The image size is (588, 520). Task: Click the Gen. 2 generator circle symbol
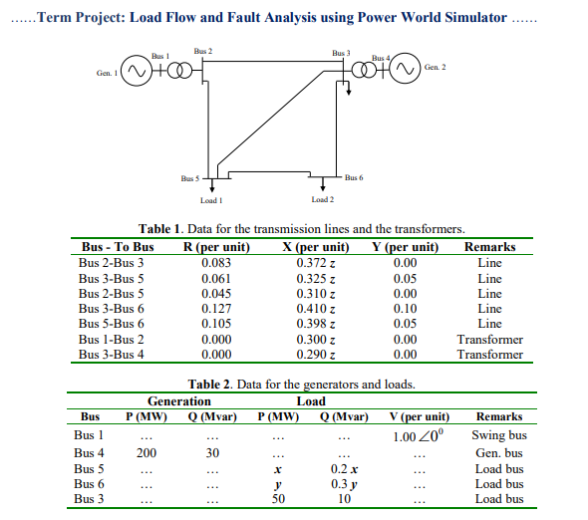click(406, 69)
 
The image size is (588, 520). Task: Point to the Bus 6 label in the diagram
click(354, 177)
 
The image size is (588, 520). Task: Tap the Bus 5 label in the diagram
click(190, 178)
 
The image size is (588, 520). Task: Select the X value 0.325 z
click(315, 279)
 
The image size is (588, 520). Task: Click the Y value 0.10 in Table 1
click(405, 309)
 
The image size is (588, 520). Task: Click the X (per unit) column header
click(316, 247)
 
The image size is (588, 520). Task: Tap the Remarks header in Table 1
click(489, 247)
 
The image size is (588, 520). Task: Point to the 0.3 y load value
click(344, 484)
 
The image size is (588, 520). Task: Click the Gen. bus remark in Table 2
click(499, 453)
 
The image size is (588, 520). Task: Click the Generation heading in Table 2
click(179, 401)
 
